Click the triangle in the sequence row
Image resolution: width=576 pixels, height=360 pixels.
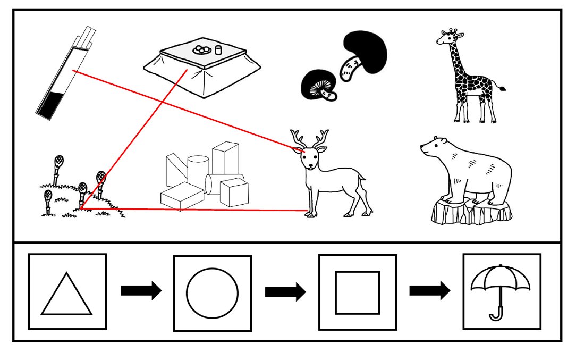click(x=67, y=295)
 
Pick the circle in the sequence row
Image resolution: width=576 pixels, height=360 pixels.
click(x=212, y=293)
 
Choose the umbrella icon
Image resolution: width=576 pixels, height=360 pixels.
click(x=501, y=291)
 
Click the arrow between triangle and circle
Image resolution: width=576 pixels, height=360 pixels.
click(x=140, y=291)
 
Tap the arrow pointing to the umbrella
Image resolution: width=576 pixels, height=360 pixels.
click(x=429, y=291)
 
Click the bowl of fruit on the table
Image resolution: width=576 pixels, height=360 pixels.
click(x=202, y=49)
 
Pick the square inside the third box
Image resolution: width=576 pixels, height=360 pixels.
click(x=357, y=292)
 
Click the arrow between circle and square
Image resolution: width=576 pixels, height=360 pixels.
click(x=285, y=291)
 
